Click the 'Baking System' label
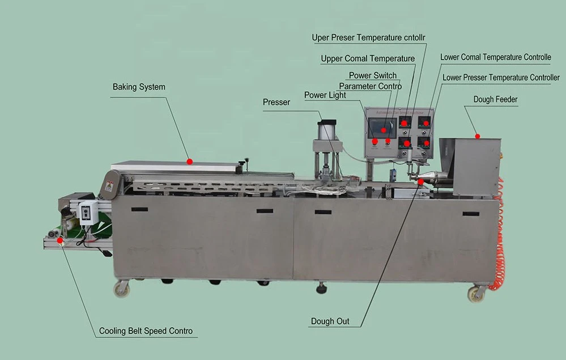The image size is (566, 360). [139, 87]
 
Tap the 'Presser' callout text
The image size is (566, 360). [276, 102]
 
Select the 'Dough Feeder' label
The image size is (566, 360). [495, 99]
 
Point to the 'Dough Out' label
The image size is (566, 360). [330, 321]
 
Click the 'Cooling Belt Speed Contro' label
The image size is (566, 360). [146, 331]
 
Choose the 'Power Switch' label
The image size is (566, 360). [372, 75]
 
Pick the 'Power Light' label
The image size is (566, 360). [325, 95]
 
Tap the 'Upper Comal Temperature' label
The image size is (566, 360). [368, 58]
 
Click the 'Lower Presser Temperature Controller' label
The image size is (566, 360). [501, 77]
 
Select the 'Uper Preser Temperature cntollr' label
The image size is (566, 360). [368, 38]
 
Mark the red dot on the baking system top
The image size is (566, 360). [190, 162]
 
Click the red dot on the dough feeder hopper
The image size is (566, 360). [478, 136]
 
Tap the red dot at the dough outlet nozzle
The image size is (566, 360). [420, 181]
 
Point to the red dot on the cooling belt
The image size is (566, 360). [60, 240]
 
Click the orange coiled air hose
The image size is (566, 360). [500, 238]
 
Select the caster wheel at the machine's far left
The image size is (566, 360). [121, 289]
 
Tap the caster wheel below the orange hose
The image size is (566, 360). [476, 294]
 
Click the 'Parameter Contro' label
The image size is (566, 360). [370, 86]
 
